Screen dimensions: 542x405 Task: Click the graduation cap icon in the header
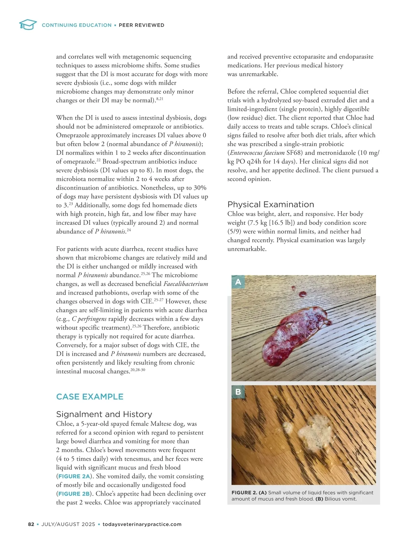pos(28,25)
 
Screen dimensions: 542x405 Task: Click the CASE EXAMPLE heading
pos(90,397)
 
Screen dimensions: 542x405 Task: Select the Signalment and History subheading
pos(104,414)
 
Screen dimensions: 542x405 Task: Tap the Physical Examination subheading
pos(271,204)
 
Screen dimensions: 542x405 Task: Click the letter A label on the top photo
pos(238,282)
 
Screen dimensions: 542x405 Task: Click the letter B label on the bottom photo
pos(238,392)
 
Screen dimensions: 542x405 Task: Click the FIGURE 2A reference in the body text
pos(74,476)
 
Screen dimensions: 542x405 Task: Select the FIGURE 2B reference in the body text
pos(74,494)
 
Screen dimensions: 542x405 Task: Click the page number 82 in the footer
pos(31,524)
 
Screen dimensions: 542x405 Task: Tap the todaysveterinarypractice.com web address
pos(142,524)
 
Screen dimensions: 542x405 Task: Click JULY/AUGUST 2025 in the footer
pos(68,524)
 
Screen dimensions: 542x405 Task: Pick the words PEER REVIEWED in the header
pos(141,25)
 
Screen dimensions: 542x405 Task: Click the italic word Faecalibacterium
pos(186,284)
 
